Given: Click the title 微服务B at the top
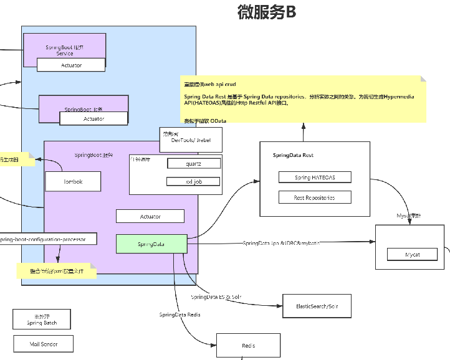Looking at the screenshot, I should point(267,12).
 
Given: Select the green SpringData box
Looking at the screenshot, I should point(151,244).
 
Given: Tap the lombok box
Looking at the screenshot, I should point(72,181).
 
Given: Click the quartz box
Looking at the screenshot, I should point(193,163).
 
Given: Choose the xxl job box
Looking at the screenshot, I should point(193,181).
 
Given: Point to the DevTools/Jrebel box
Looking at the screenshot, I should point(191,140).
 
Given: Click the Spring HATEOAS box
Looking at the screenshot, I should point(315,178).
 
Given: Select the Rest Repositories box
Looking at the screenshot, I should point(315,197).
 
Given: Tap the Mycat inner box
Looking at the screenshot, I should point(413,255).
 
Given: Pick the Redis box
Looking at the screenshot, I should point(248,346).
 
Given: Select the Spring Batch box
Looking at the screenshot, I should point(42,320).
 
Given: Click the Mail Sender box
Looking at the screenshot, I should point(43,343).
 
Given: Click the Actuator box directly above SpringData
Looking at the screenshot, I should point(150,216).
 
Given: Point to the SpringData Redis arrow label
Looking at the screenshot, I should point(180,315).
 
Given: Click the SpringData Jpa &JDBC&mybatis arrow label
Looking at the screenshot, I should point(281,243).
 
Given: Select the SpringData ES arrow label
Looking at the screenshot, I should point(216,297).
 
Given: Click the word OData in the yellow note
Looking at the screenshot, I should point(218,120).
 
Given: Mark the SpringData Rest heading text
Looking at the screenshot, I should point(293,155).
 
